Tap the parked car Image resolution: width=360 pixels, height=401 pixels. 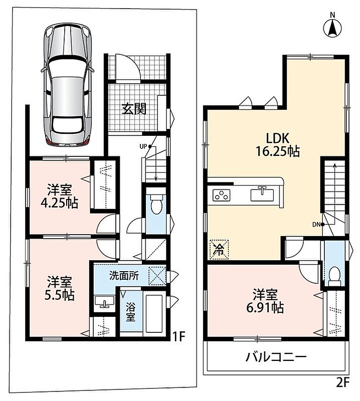pos(68,84)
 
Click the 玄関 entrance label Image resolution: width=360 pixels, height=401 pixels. pos(134,109)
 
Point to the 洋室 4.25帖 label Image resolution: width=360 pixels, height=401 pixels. pos(60,196)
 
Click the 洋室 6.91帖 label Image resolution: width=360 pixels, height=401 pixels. pos(265,301)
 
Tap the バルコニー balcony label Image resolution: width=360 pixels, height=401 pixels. pos(276,357)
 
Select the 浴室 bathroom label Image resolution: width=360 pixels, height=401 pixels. pos(130,311)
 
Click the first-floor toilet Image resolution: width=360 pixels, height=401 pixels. pos(156,204)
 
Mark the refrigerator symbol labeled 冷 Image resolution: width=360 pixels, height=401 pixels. pos(219,249)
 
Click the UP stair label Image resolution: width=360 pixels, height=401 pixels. pos(143,146)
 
